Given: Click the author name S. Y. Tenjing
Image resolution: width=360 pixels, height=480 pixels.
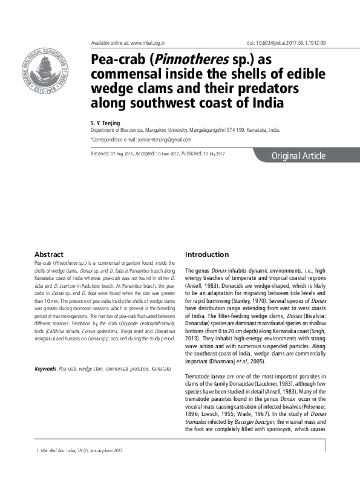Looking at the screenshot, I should coord(106,123).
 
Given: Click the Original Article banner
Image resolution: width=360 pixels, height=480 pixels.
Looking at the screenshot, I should coord(298,156).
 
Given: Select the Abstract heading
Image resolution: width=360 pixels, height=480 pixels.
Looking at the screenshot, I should coord(49,255).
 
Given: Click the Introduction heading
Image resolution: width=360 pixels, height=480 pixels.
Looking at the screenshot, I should coord(207,255).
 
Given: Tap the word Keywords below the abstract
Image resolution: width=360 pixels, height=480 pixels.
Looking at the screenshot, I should coord(46,368).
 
